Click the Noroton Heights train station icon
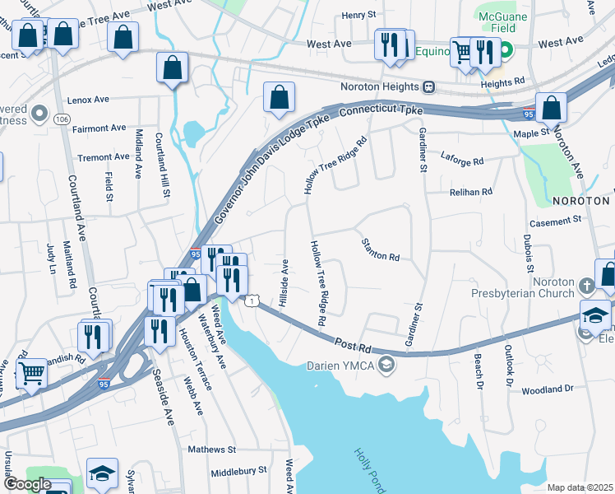pos(428,87)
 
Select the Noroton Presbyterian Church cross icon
pos(585,286)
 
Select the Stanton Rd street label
pos(380,250)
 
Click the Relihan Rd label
pos(470,191)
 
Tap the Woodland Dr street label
pos(546,389)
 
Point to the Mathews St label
pos(211,450)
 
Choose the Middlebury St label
pos(238,471)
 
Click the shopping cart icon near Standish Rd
pos(32,372)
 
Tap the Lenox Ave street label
pos(90,100)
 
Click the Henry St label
pos(358,15)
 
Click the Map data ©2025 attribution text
pos(580,487)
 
